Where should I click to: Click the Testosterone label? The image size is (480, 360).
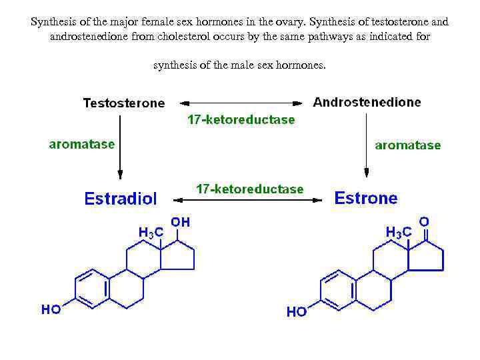tap(123, 103)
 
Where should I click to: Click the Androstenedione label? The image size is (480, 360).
tap(367, 102)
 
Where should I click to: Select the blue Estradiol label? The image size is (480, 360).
tap(121, 199)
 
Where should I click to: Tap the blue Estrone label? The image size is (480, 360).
tap(365, 198)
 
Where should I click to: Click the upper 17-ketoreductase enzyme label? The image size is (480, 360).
tap(241, 120)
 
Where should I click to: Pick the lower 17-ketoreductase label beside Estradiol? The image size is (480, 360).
tap(249, 189)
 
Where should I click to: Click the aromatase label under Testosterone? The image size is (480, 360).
tap(81, 143)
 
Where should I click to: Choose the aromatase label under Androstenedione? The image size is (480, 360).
tap(408, 145)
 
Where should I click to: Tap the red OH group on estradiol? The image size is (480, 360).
tap(180, 222)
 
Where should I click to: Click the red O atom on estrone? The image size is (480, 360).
tap(423, 221)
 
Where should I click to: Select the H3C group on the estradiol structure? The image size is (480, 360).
tap(151, 232)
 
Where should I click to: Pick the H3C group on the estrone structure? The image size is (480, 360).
tap(399, 232)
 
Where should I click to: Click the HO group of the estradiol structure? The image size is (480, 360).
tap(51, 309)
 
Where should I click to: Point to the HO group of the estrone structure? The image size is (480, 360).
tap(297, 311)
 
